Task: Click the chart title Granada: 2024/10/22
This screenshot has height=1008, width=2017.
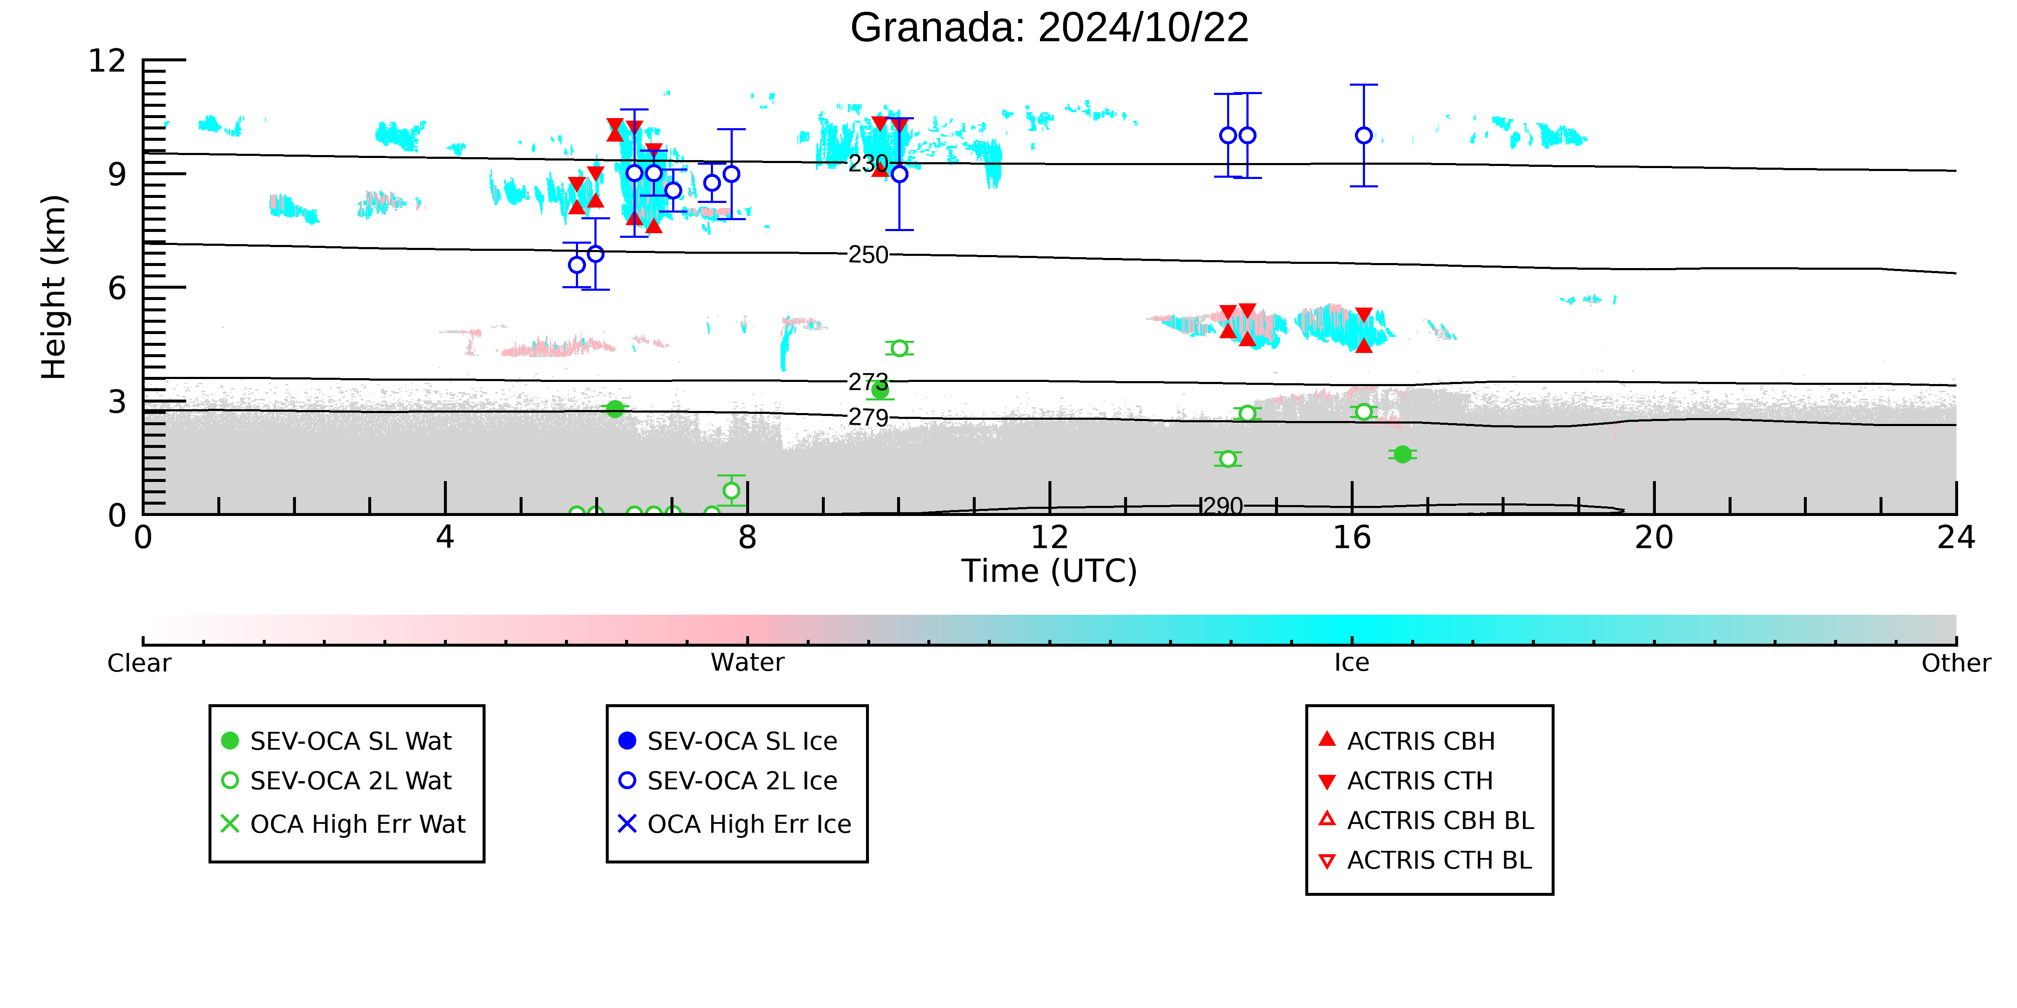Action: [x=1049, y=28]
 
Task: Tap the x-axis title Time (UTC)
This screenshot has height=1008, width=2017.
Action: [x=1049, y=571]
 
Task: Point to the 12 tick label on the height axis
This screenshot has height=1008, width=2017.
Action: [x=107, y=60]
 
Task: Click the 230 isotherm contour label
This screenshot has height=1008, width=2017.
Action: [x=869, y=163]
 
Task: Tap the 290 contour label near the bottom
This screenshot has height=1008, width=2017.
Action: [x=1223, y=506]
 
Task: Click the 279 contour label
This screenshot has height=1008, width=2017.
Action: [x=869, y=417]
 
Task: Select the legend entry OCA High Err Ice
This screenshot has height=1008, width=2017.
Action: [x=734, y=824]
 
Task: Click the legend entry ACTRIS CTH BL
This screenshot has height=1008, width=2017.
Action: [x=1425, y=861]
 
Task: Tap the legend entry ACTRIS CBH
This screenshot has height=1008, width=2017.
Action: [x=1407, y=741]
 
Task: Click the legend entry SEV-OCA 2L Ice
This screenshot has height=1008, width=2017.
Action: [x=728, y=781]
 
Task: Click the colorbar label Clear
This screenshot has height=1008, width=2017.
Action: [x=140, y=663]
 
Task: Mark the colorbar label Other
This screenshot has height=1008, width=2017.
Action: [x=1956, y=663]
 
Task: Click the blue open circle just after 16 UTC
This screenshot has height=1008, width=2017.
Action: [x=1364, y=135]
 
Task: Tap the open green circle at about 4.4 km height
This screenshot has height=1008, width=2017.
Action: [x=900, y=348]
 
